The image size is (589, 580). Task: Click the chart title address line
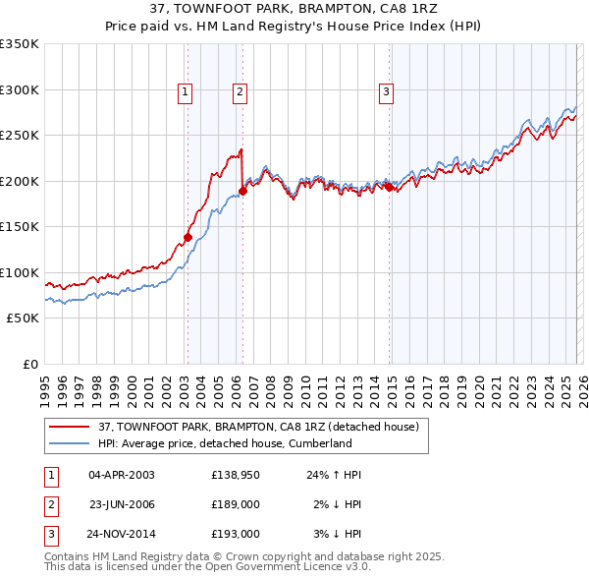point(294,9)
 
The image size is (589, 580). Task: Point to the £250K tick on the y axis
point(20,135)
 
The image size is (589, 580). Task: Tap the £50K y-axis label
point(23,319)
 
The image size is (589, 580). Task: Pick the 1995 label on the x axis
point(45,383)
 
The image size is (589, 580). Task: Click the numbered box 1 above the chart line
point(186,92)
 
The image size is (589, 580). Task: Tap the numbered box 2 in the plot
point(240,92)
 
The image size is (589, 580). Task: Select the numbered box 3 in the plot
point(387,92)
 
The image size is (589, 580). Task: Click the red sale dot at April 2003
point(187,237)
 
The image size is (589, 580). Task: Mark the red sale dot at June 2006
point(242,191)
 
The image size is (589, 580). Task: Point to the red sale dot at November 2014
point(389,187)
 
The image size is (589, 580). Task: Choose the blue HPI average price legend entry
point(224,443)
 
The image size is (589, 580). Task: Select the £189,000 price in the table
point(236,504)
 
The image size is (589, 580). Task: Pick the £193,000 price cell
point(236,534)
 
